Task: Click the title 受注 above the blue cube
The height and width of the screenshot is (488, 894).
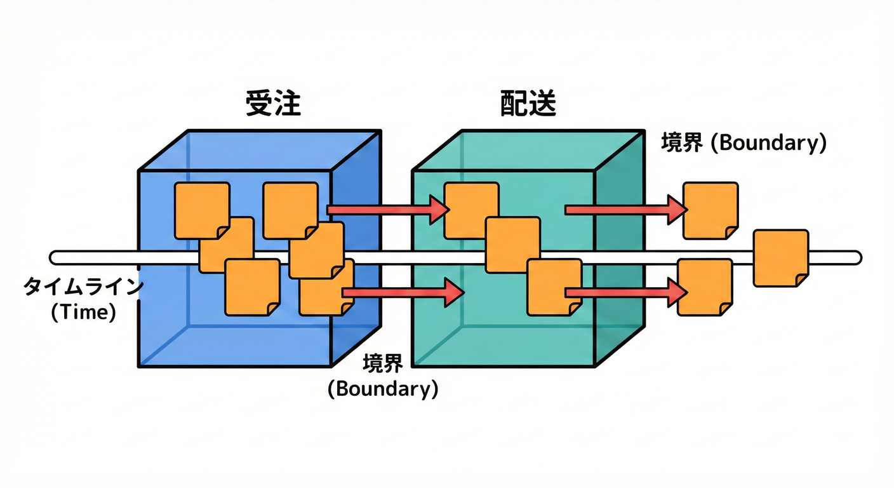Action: pos(273,104)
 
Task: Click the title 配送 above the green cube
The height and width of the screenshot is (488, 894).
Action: pos(528,104)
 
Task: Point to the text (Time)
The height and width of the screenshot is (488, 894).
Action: pos(83,313)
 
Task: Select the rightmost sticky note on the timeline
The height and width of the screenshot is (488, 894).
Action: pos(781,257)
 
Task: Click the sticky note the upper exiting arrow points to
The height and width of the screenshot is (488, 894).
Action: pos(711,210)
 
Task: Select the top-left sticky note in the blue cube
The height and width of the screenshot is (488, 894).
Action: pos(201,210)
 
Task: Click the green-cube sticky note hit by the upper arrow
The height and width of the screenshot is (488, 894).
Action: pos(470,210)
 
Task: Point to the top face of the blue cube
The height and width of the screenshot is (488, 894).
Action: pos(260,151)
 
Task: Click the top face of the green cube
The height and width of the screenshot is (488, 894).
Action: pos(527,151)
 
